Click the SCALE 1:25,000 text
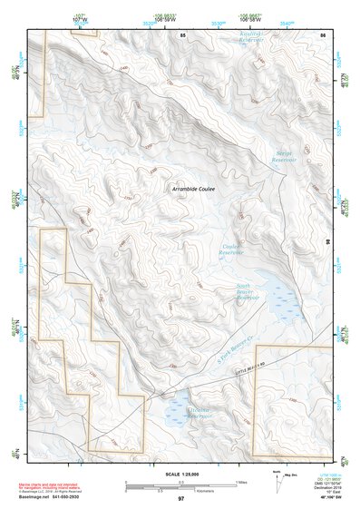180,474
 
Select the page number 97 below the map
180,498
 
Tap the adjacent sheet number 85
182,34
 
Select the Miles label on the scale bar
240,482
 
